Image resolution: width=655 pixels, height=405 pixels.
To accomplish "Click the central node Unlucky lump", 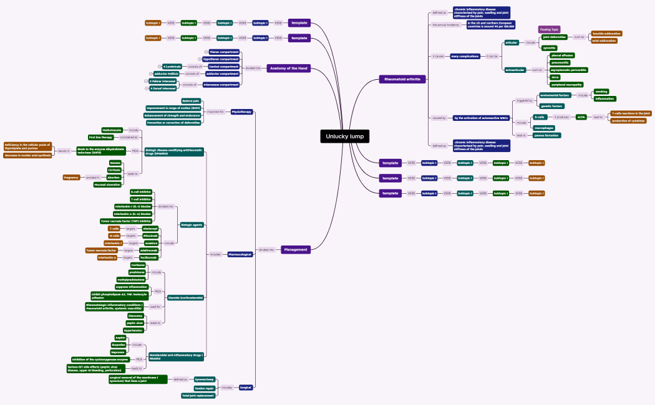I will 345,136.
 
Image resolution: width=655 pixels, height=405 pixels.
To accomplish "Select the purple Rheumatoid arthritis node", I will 402,79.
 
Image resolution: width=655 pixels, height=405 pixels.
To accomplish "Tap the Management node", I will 295,249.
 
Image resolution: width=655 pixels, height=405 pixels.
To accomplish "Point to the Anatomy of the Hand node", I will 288,68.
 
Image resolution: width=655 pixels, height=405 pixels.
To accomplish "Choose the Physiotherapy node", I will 241,112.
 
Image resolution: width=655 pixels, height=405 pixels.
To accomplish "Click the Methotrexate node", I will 112,130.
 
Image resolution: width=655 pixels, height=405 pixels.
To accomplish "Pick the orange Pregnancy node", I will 71,178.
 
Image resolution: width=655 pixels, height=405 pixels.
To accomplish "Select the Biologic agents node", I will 192,224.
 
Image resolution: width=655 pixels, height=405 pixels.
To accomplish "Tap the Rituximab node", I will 150,236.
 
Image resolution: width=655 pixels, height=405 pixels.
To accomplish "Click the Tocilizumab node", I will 148,257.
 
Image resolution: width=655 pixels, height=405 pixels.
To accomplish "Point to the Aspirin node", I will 120,338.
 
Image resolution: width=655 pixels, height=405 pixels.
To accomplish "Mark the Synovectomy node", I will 204,379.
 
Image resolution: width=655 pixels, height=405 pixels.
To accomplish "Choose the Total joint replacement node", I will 198,395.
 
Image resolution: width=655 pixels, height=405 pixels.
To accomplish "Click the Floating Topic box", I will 549,29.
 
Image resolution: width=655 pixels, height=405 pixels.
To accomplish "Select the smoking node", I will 601,92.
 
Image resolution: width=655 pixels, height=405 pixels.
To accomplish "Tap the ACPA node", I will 581,117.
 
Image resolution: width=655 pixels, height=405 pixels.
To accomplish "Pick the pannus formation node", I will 546,135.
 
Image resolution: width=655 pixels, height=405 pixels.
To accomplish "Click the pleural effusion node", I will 562,55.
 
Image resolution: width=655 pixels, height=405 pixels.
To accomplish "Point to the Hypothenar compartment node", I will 221,59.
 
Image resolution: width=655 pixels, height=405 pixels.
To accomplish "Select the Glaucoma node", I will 136,316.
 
